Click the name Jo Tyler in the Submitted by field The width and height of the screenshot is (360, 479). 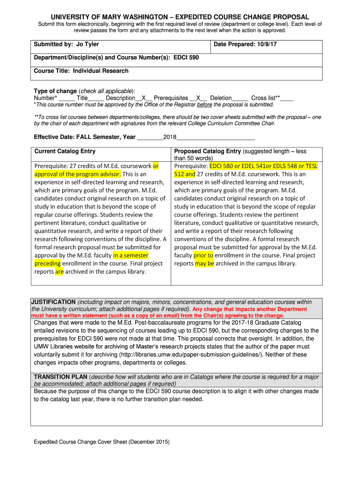tap(87, 44)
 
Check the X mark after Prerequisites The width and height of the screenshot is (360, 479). tap(199, 98)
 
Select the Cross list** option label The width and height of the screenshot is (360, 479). tap(265, 98)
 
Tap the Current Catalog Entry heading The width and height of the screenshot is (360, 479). tap(65, 151)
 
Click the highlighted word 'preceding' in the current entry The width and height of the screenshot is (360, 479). tap(48, 263)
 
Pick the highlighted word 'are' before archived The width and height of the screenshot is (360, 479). tap(59, 271)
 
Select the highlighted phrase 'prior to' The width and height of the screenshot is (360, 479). tap(203, 255)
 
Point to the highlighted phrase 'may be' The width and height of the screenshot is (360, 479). tap(204, 263)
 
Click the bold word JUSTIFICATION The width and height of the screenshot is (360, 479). tap(53, 302)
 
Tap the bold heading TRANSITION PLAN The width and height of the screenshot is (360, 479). tap(60, 377)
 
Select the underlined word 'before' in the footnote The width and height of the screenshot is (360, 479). tap(205, 105)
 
